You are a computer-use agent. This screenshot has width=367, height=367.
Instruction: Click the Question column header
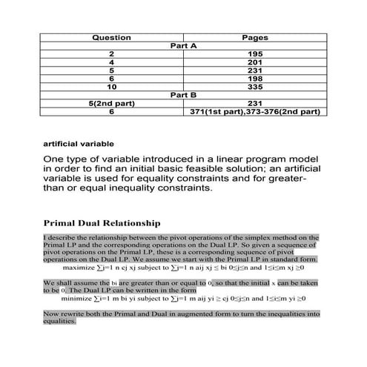coord(111,37)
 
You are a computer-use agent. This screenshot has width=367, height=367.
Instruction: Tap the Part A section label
coord(183,46)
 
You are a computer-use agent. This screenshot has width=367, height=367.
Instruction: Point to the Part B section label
coord(183,95)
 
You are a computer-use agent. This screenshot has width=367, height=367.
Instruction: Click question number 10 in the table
coord(111,87)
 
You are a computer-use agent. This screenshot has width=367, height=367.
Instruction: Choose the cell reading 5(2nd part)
coord(111,103)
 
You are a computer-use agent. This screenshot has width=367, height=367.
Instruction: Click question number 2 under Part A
coord(111,54)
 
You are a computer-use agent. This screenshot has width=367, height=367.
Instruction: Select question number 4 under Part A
coord(111,62)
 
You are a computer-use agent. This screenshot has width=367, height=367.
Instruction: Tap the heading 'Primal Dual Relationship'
coord(102,222)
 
